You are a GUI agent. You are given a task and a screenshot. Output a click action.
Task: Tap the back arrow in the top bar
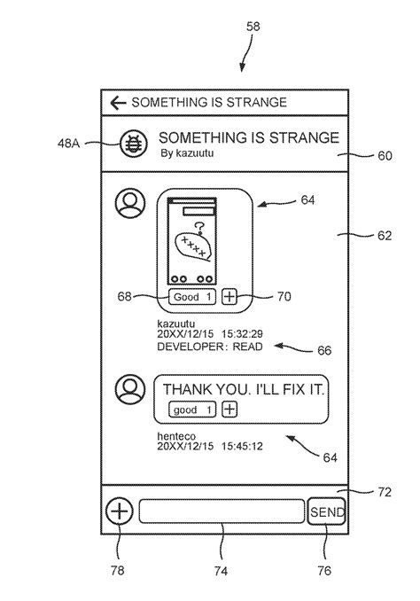click(x=118, y=103)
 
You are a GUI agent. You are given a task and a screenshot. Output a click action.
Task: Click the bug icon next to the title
click(x=133, y=144)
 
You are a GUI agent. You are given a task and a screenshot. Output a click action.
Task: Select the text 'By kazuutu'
click(x=187, y=153)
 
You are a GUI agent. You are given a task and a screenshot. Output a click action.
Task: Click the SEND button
click(x=326, y=511)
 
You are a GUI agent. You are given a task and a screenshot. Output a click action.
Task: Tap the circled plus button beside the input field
click(x=120, y=511)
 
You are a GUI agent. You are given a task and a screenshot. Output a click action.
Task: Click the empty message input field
click(x=222, y=511)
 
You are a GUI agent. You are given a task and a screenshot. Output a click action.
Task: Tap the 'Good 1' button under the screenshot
click(x=192, y=297)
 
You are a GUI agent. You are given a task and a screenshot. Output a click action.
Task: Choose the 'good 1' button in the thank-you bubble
click(x=192, y=410)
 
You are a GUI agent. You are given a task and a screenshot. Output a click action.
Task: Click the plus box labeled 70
click(x=229, y=297)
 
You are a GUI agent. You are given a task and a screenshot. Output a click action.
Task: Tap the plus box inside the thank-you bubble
click(x=229, y=410)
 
